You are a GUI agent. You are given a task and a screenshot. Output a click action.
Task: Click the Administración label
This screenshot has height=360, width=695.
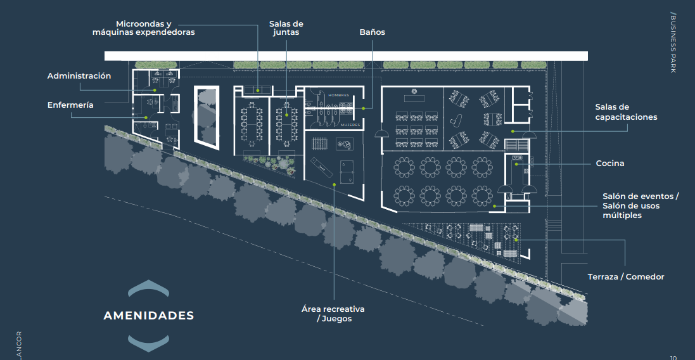[x=79, y=76]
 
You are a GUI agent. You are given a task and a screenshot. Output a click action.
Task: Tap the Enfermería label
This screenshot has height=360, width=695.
[x=70, y=105]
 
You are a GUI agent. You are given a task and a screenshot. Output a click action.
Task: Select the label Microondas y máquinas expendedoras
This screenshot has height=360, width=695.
[x=144, y=28]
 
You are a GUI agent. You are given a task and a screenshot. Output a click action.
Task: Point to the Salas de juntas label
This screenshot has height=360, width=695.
[x=286, y=28]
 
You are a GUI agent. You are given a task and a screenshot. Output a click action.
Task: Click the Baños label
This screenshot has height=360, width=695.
[x=373, y=32]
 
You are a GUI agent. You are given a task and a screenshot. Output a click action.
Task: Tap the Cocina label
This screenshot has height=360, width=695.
[x=610, y=163]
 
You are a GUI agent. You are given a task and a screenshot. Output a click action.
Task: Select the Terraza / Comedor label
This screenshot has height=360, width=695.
[x=626, y=276]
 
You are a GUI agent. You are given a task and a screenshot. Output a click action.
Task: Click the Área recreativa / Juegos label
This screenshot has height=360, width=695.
[x=333, y=314]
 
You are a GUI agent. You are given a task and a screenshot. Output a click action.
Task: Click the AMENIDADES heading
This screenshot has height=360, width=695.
[x=148, y=316]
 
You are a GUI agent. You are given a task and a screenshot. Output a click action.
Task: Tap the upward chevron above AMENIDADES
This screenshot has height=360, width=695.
[x=148, y=288]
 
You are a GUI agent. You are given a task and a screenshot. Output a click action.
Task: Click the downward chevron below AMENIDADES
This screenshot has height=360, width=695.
[x=148, y=343]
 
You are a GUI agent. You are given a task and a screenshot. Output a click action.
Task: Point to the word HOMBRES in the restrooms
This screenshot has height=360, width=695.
[x=339, y=95]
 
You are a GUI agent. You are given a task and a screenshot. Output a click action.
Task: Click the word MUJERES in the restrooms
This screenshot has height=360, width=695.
[x=350, y=125]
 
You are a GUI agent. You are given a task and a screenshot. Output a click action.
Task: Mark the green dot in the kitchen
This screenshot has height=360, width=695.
[x=516, y=164]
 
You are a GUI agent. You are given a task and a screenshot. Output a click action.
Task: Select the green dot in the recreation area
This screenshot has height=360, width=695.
[x=335, y=184]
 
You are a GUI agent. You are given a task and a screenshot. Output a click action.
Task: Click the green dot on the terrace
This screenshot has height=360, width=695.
[x=516, y=240]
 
